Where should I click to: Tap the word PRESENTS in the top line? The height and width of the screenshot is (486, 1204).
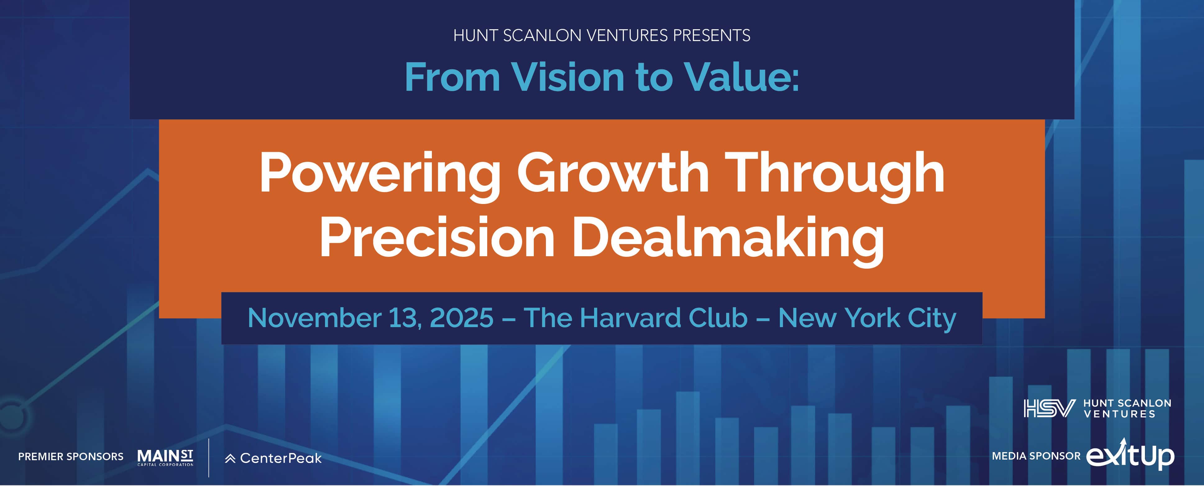711,35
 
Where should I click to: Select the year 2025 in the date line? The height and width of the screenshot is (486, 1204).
461,318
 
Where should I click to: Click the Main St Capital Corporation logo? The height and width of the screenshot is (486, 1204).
165,457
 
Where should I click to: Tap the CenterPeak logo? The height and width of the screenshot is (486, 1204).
273,458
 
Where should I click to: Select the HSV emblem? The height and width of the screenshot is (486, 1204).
1046,408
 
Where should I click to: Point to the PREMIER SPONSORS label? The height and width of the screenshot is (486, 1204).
71,456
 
